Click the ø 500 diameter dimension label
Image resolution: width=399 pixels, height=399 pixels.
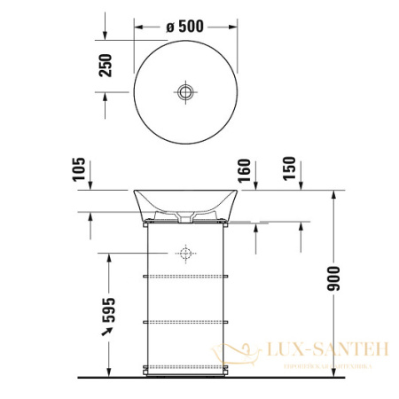pyautogui.click(x=185, y=26)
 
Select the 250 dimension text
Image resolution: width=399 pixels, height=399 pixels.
pyautogui.click(x=106, y=66)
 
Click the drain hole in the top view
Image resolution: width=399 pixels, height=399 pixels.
pyautogui.click(x=185, y=91)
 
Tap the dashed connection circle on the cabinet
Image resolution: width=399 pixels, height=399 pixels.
pyautogui.click(x=185, y=254)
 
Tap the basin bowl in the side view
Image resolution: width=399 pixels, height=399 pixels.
pyautogui.click(x=185, y=202)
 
